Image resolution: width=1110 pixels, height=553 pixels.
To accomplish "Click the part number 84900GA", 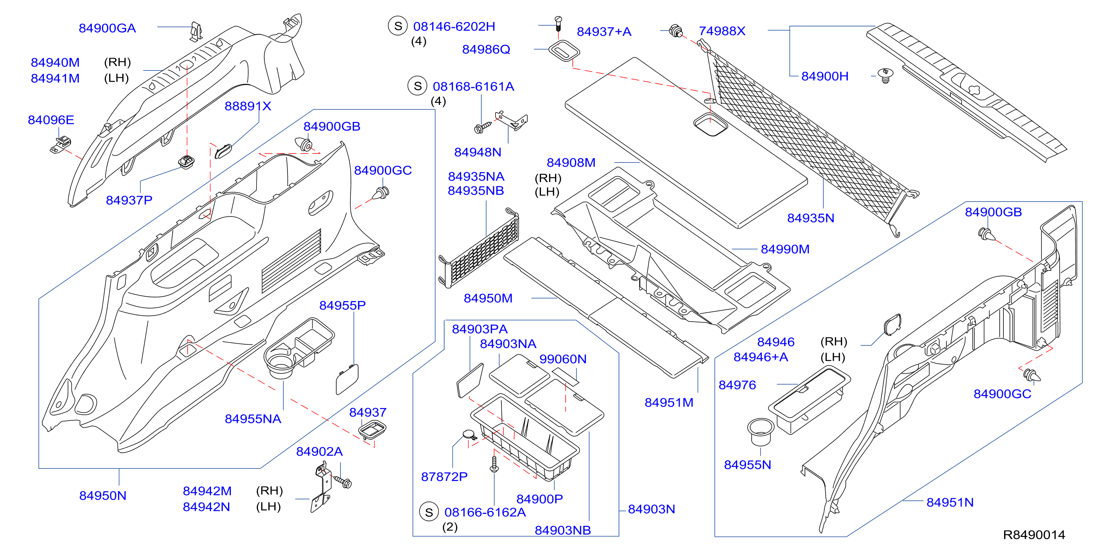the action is coord(107,28).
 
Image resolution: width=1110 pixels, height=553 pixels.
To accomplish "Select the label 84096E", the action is coord(51,120).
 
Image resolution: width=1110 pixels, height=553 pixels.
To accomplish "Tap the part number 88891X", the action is coord(248,106).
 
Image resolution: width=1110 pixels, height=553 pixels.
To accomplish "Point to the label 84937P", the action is coord(129,200).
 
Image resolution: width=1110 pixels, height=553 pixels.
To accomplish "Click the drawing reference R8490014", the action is coord(1034,535).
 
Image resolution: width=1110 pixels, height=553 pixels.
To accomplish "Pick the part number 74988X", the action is coord(722,31).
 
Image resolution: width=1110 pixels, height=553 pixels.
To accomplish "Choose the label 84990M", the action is coord(785,249).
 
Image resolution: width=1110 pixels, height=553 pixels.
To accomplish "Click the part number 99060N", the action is coord(563,359).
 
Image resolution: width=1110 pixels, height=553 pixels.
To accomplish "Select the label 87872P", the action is coord(444,477).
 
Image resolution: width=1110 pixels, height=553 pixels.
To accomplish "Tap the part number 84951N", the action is coord(950,503).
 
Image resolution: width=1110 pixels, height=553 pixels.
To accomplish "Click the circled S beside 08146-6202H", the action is coord(398,26).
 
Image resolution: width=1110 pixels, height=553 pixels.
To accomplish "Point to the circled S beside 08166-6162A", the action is coord(429,512).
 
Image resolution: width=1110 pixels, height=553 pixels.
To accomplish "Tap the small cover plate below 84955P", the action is coord(347,379).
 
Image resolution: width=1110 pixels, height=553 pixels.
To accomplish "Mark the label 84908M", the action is coord(571,163).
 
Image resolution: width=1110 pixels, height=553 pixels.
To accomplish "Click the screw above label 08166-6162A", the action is coord(494,464).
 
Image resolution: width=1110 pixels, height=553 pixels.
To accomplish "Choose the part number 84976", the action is coord(737,385).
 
